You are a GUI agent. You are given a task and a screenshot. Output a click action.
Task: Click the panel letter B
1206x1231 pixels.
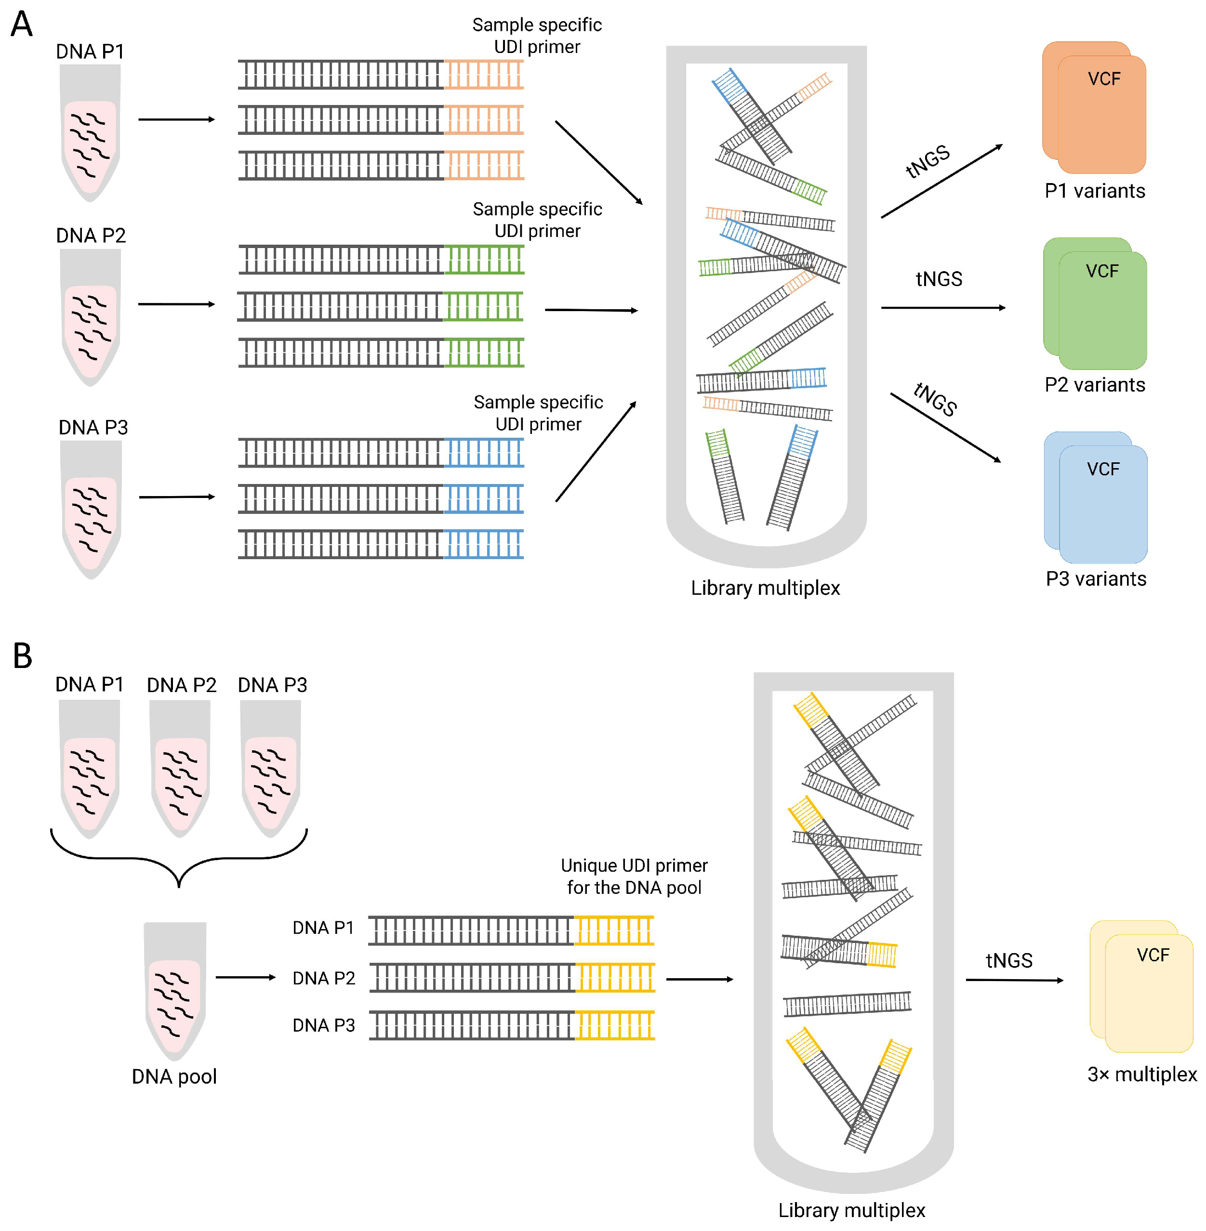click(22, 656)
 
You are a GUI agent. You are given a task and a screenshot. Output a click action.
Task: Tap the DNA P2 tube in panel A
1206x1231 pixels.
click(91, 316)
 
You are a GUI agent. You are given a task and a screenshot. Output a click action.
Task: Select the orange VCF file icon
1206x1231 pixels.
click(1095, 108)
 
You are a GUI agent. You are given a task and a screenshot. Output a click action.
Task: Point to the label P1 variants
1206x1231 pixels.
click(1095, 191)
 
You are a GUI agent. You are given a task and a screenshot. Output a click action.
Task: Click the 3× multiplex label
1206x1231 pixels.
click(1142, 1074)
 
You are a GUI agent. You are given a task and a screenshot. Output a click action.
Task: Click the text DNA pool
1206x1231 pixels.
click(174, 1076)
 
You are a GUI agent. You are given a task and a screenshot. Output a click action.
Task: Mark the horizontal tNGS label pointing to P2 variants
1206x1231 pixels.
click(939, 279)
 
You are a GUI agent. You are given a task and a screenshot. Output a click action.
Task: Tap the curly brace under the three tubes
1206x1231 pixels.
click(179, 858)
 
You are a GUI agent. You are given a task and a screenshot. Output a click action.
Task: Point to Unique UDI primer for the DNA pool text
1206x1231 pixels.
click(634, 877)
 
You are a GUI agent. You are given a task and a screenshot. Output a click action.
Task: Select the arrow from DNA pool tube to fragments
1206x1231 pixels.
click(245, 977)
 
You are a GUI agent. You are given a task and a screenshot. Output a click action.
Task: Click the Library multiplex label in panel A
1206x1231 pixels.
click(765, 588)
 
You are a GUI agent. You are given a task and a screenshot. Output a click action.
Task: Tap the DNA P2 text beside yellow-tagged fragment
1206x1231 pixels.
click(324, 978)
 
